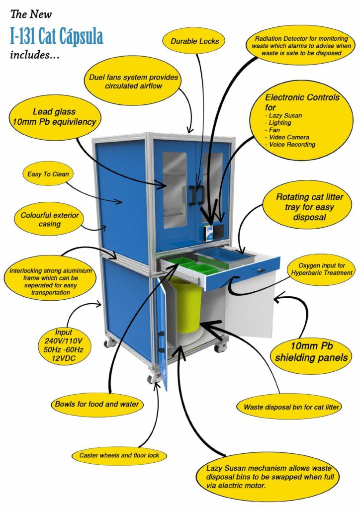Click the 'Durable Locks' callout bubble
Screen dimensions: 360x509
point(195,41)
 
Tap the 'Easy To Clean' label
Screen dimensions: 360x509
point(48,174)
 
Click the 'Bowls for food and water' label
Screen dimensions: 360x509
point(97,404)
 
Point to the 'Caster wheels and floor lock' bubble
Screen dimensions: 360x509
point(119,455)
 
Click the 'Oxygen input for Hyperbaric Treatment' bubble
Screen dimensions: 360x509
point(322,269)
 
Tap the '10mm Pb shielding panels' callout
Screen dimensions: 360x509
point(311,351)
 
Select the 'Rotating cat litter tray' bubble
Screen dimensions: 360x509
point(309,207)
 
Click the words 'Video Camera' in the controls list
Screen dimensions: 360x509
point(289,137)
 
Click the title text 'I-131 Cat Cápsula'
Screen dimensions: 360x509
point(57,36)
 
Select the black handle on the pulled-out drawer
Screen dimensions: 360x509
point(262,270)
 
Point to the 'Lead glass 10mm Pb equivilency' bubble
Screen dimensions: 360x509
point(54,117)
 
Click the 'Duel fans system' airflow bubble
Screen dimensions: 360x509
point(133,81)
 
